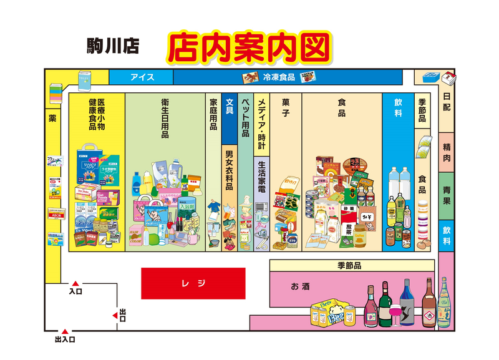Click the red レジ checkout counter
click(193, 283)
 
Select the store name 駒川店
click(112, 46)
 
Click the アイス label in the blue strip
click(142, 77)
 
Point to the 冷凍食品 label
click(278, 77)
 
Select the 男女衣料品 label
click(229, 170)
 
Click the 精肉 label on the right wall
click(447, 152)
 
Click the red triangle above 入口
click(75, 283)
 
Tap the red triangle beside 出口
click(115, 316)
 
